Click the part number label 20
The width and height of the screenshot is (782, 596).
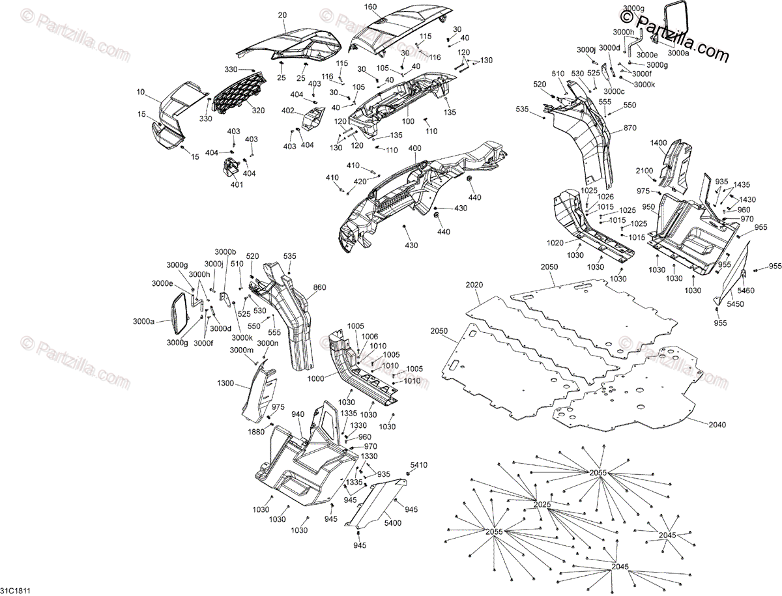[282, 15]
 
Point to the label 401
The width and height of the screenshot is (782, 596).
[236, 185]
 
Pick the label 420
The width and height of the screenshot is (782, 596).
[360, 182]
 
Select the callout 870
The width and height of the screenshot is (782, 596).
[630, 128]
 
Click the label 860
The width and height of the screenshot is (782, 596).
[319, 287]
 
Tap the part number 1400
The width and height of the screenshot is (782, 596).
[659, 143]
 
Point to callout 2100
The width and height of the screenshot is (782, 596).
[644, 171]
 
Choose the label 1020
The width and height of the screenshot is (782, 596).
[556, 242]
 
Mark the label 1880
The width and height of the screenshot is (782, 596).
[257, 432]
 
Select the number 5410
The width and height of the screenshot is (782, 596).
[418, 464]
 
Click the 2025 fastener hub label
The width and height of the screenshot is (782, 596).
[542, 505]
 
